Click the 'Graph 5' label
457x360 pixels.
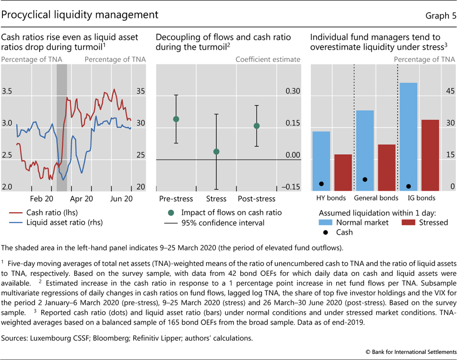click(440, 15)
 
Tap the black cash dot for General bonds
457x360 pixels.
click(365, 179)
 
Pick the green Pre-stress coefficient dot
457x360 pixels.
click(176, 119)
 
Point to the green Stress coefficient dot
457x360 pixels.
click(216, 152)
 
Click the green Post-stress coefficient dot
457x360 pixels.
click(257, 126)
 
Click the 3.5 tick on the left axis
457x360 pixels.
click(7, 91)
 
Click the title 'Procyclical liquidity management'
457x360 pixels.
click(80, 15)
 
